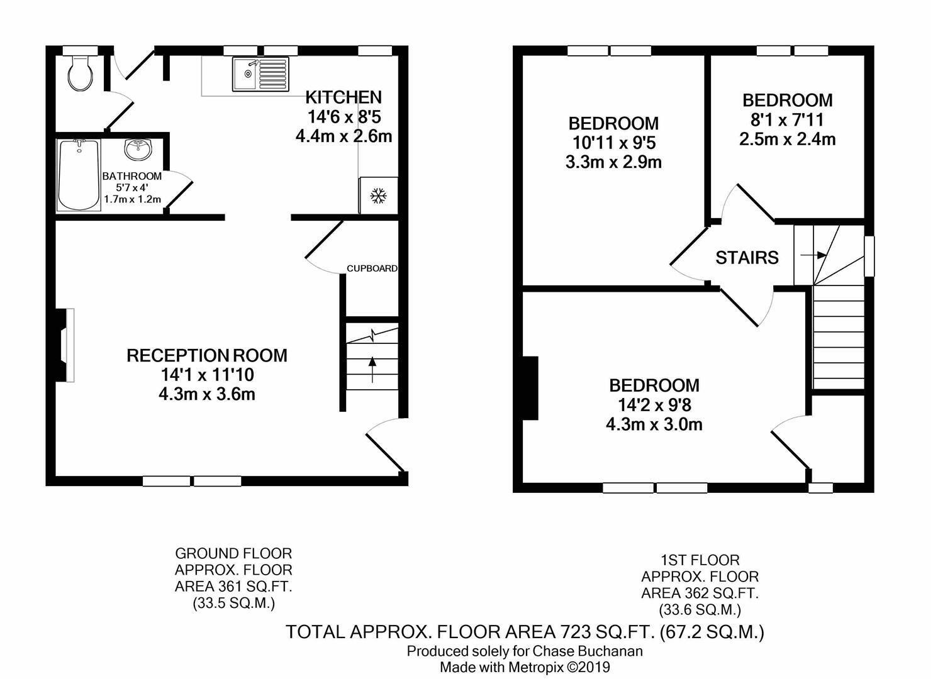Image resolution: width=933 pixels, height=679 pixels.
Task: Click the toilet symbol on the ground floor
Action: [x=81, y=74]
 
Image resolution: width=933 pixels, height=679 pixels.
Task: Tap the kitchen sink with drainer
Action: [x=260, y=74]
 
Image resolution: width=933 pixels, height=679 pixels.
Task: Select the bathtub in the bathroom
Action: [x=79, y=174]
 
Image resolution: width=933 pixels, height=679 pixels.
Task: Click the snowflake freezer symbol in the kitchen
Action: [x=378, y=196]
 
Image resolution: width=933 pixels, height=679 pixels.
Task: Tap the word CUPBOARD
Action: [x=372, y=268]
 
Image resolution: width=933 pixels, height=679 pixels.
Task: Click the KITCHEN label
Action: [x=344, y=97]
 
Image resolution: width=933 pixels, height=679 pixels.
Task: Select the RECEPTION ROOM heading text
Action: [x=207, y=355]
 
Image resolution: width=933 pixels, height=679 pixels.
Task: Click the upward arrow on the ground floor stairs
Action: [x=372, y=369]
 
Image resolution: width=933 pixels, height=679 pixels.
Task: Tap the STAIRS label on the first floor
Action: [x=747, y=258]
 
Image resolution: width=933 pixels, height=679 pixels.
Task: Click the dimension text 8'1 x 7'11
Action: [x=787, y=120]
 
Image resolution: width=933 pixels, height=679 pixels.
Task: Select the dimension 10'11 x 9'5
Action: [x=614, y=143]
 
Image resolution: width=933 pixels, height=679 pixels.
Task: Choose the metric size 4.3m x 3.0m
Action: [x=654, y=424]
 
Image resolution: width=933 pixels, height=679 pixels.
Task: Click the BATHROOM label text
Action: [x=132, y=176]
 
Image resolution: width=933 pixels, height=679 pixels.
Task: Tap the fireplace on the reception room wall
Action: [x=65, y=345]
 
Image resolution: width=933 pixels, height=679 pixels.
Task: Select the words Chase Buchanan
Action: [x=587, y=651]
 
